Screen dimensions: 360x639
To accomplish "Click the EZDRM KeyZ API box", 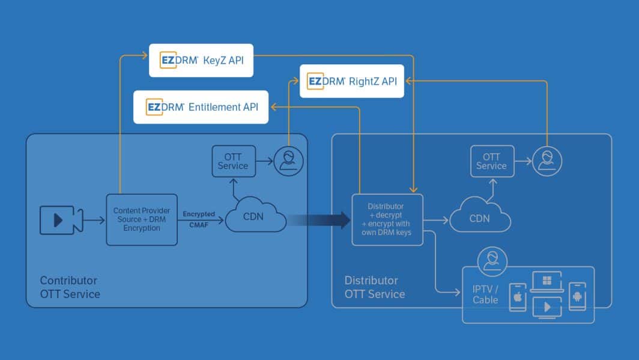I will [201, 60].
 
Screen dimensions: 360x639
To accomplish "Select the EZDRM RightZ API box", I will [351, 81].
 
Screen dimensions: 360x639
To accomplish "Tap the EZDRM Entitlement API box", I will [201, 108].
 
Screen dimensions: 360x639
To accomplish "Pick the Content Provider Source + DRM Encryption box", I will [142, 220].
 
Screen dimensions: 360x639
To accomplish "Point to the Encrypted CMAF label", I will [199, 219].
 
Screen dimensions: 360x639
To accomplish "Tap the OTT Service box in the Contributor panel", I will [233, 161].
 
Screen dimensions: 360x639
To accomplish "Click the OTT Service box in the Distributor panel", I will [492, 161].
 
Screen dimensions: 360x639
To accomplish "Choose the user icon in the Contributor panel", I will [288, 161].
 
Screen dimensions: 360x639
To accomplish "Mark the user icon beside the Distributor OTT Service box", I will [547, 161].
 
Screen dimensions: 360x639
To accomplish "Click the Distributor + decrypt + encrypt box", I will [387, 219].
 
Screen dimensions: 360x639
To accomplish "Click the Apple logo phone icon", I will [517, 296].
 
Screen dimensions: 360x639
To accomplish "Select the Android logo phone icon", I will [577, 296].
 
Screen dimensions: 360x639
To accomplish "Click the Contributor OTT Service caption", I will [70, 287].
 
